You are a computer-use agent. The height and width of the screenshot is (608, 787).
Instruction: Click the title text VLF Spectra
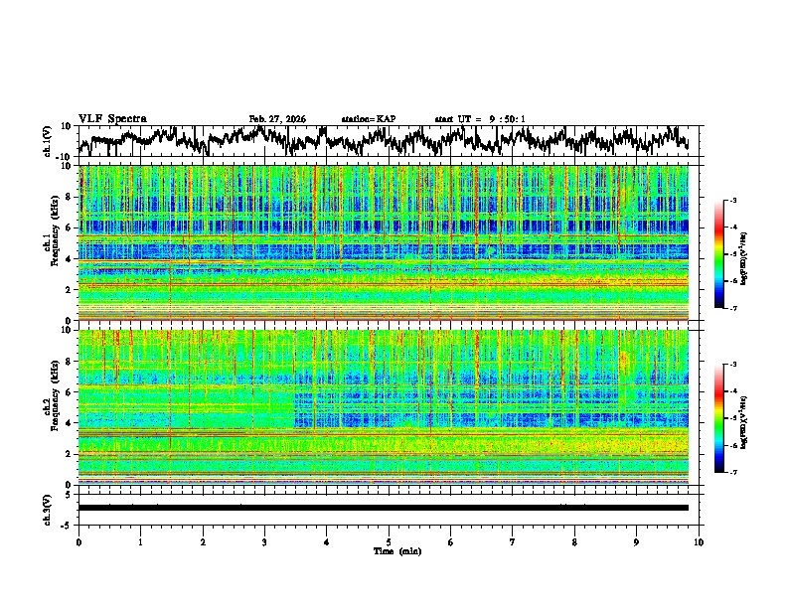(x=112, y=118)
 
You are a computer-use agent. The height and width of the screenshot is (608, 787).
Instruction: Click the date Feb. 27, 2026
(x=277, y=119)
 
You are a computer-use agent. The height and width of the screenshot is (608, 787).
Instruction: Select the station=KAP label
(x=368, y=119)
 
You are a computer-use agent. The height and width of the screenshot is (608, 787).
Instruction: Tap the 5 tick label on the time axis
(x=389, y=541)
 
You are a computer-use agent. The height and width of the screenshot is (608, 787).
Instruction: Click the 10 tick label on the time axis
(x=699, y=541)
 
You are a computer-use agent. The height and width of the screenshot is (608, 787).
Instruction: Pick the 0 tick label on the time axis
(x=79, y=541)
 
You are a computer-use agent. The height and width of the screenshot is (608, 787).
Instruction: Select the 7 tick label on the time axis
(x=513, y=541)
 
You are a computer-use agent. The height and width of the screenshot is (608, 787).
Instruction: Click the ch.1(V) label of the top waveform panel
(x=48, y=141)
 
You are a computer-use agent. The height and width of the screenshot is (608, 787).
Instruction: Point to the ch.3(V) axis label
(x=48, y=508)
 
